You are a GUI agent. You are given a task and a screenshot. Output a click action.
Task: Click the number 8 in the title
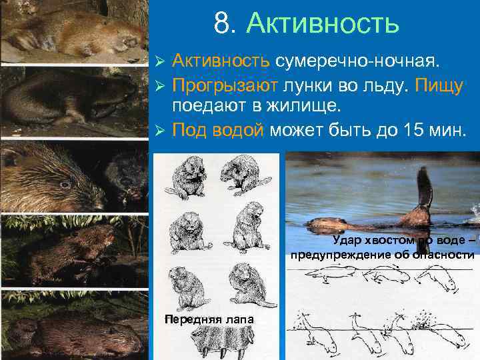[221, 24]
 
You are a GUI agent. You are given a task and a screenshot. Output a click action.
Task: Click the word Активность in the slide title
[323, 24]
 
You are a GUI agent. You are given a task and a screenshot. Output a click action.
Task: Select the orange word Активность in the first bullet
[221, 62]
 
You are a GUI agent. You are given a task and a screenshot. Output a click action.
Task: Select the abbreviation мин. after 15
[447, 129]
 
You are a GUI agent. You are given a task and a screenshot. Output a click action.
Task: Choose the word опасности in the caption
[441, 255]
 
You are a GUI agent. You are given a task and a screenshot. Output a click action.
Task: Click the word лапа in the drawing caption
[239, 319]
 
